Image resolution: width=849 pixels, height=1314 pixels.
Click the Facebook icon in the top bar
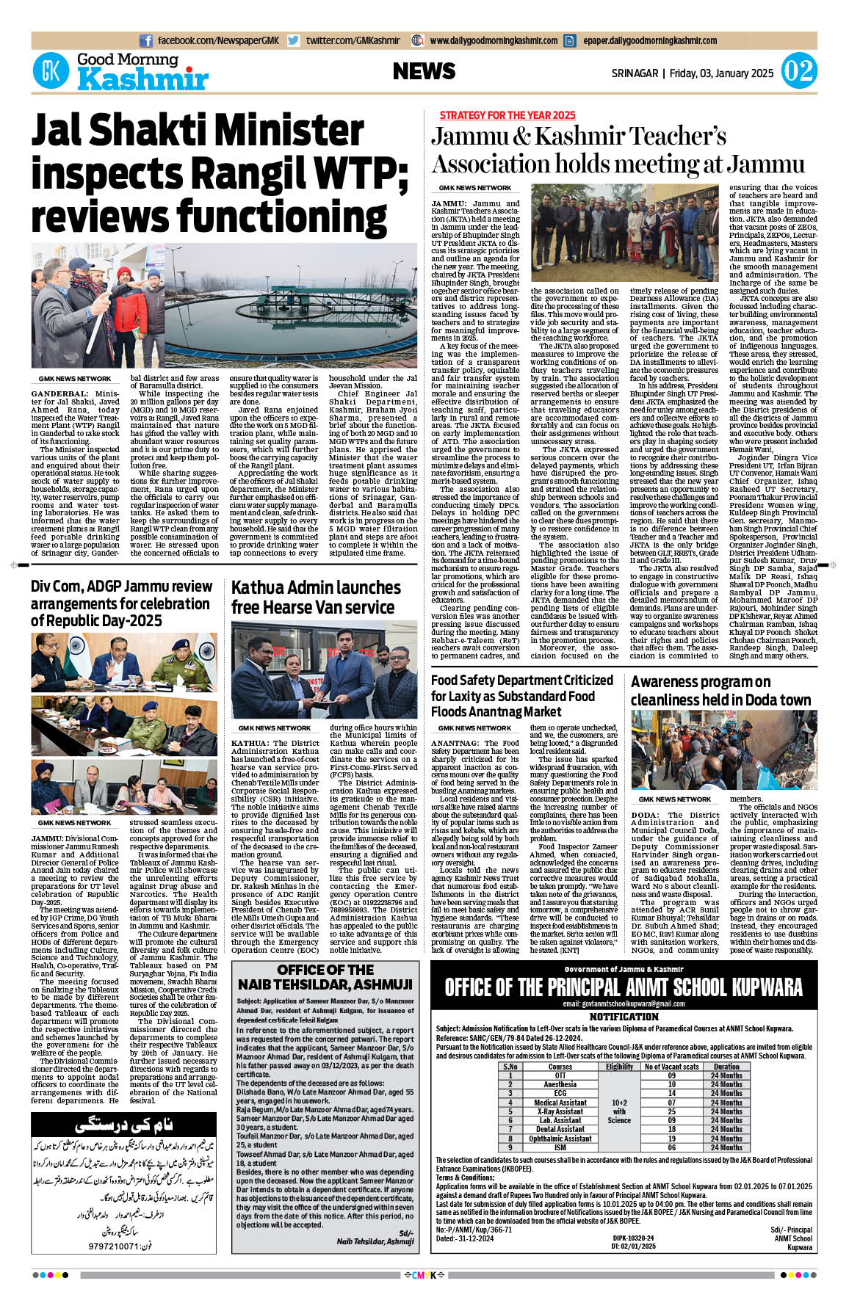(146, 41)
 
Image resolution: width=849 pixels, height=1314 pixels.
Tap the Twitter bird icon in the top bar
(293, 41)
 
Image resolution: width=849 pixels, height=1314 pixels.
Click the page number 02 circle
(798, 72)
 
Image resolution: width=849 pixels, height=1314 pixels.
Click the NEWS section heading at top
(424, 71)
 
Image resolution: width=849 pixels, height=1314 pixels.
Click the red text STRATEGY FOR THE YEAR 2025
(507, 115)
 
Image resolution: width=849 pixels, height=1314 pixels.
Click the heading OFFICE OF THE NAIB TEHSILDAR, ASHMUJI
(325, 977)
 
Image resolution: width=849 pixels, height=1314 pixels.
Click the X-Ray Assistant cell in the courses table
(560, 1111)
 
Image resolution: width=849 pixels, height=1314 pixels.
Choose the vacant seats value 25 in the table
(671, 1111)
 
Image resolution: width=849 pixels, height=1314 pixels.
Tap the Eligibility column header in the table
(619, 1067)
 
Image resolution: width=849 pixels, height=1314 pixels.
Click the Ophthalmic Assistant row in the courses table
(560, 1139)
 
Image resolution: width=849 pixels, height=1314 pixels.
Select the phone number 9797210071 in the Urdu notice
(98, 1246)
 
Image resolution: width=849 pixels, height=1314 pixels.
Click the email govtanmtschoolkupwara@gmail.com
(623, 1003)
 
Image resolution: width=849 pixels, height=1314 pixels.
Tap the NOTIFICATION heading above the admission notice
(624, 1017)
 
